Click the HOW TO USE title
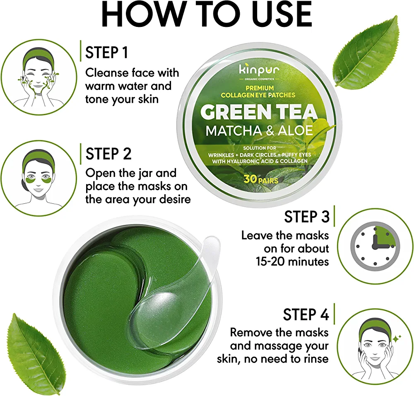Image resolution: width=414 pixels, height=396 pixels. click(207, 14)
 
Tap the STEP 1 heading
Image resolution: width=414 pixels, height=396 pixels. click(107, 52)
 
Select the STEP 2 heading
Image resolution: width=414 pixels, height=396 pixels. click(108, 154)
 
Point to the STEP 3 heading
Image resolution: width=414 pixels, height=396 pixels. click(307, 217)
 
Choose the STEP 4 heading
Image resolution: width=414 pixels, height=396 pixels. click(306, 314)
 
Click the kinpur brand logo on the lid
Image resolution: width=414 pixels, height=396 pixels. click(259, 70)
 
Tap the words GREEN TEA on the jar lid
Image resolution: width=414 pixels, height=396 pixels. click(259, 112)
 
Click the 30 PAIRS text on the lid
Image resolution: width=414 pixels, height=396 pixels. click(261, 179)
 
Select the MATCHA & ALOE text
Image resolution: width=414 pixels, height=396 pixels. click(259, 130)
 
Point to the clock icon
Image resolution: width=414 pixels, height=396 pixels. click(375, 246)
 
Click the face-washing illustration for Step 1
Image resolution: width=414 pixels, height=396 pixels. click(39, 77)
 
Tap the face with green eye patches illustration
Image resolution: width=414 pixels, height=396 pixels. click(39, 178)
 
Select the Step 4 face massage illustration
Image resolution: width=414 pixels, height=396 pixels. click(375, 346)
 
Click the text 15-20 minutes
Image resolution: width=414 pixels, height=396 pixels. click(292, 262)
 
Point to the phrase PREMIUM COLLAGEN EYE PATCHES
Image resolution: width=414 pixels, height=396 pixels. click(258, 92)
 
